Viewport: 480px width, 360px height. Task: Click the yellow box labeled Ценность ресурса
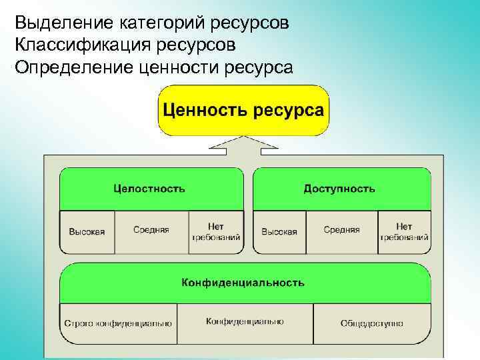[x=243, y=110]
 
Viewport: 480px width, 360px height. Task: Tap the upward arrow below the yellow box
[x=243, y=145]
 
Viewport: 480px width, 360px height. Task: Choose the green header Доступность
[x=341, y=189]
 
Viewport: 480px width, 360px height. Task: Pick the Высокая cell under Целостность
[x=87, y=232]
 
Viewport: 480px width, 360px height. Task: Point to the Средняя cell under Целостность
[x=151, y=231]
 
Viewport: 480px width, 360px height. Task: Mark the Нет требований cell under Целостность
[x=216, y=232]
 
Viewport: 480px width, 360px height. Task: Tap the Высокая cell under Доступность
[x=279, y=232]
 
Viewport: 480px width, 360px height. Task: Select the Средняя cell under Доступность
[x=342, y=231]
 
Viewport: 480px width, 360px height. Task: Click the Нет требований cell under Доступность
[x=404, y=232]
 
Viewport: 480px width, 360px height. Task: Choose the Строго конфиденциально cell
[x=118, y=323]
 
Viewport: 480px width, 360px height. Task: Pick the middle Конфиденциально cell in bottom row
[x=245, y=322]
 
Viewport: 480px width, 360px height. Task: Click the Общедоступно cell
[x=371, y=323]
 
